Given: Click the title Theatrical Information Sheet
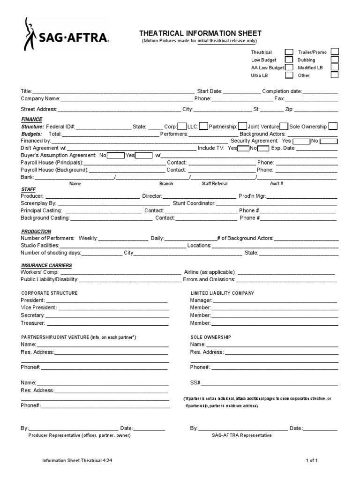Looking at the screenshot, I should point(200,33).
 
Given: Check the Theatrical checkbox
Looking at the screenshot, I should point(290,52).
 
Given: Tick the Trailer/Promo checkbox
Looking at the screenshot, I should point(335,52).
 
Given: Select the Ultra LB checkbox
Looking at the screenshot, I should point(290,75).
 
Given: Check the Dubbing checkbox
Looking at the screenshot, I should point(335,60).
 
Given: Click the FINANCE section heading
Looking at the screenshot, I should point(31,120).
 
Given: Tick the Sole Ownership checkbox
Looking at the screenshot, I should point(333,127).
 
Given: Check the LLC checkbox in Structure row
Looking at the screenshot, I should point(204,127).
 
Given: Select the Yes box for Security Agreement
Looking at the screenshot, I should point(301,141).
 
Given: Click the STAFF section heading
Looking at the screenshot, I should point(28,189).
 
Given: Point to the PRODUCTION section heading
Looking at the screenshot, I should point(36,232).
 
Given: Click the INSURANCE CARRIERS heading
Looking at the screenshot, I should point(46,265).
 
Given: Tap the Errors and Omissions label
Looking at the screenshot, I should point(209,279).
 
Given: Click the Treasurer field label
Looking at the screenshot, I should point(33,323).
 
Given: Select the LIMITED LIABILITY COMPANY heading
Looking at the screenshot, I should point(222,293).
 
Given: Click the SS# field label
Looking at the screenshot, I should point(195,382).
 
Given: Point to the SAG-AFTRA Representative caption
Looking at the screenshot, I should point(241,435).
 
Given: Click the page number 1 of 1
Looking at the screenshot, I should point(312,461).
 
